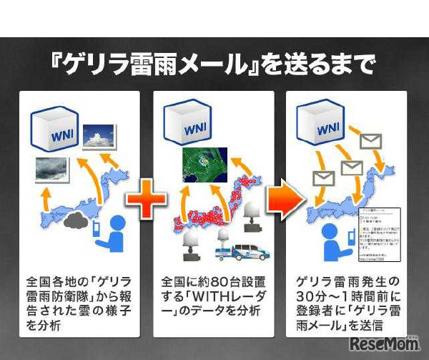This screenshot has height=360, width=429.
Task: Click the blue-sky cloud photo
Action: pos(99,136)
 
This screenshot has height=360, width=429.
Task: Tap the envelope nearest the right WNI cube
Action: pos(373,142)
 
